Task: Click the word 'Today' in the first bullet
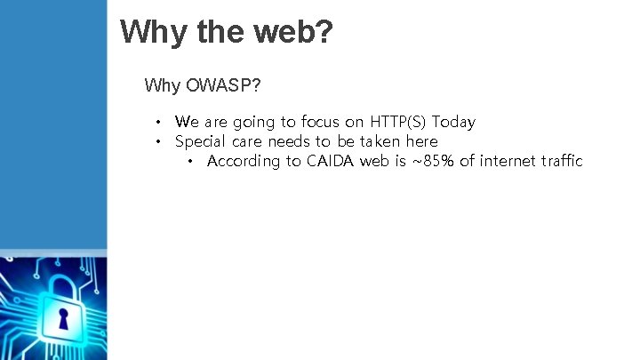click(x=453, y=122)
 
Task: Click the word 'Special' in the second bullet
click(x=201, y=141)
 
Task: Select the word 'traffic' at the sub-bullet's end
click(x=561, y=161)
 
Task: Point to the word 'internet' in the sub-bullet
click(x=508, y=161)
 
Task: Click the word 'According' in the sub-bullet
click(x=241, y=161)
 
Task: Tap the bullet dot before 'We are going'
click(x=156, y=123)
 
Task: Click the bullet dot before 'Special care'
click(x=156, y=142)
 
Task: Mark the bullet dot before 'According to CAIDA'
click(x=189, y=162)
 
